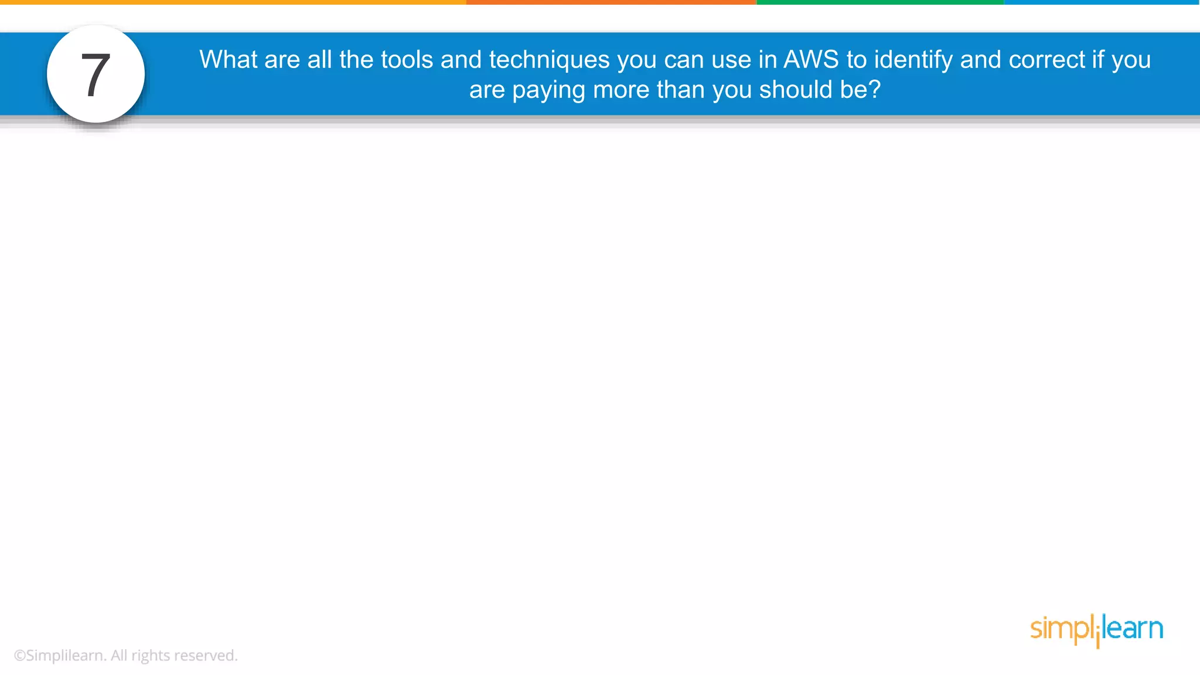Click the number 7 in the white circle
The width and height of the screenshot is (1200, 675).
coord(96,75)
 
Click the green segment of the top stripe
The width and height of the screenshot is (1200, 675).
coord(880,2)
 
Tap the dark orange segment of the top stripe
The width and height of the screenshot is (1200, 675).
coord(611,2)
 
